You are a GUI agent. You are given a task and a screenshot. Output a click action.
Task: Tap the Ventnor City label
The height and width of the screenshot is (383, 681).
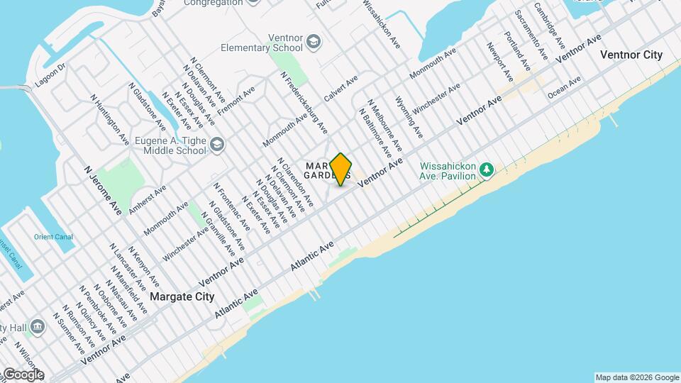pyautogui.click(x=631, y=55)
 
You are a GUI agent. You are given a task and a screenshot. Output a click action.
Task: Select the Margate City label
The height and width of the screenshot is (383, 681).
pyautogui.click(x=182, y=296)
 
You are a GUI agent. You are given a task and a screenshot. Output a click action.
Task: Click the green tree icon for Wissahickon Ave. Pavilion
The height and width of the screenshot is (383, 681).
pyautogui.click(x=486, y=169)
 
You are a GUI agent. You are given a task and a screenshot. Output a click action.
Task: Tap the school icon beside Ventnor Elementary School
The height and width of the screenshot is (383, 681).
pyautogui.click(x=313, y=43)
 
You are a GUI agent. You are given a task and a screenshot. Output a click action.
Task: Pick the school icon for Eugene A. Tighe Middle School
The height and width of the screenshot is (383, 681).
pyautogui.click(x=216, y=145)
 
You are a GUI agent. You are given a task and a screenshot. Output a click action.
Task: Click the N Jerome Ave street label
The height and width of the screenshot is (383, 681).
pyautogui.click(x=103, y=190)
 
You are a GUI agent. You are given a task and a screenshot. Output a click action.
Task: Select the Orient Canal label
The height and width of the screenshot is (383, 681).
pyautogui.click(x=53, y=237)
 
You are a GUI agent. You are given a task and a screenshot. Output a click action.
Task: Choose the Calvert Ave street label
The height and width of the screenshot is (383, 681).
pyautogui.click(x=339, y=88)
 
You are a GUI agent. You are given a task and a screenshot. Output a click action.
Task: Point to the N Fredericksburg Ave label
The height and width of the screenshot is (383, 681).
pyautogui.click(x=304, y=102)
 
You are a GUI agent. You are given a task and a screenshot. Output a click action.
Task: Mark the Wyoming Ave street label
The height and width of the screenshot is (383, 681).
pyautogui.click(x=409, y=117)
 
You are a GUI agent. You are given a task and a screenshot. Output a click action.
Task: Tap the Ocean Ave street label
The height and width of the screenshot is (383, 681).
pyautogui.click(x=564, y=83)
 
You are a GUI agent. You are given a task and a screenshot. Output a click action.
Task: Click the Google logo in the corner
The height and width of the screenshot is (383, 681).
pyautogui.click(x=23, y=374)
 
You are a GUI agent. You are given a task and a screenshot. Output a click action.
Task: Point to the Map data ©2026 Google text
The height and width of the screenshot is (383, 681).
pyautogui.click(x=636, y=377)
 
